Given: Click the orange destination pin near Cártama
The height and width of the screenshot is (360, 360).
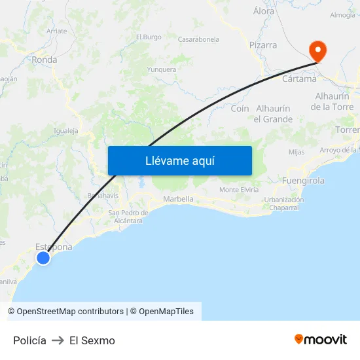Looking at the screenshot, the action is [318, 50].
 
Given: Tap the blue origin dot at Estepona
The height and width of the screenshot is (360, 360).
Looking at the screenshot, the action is [43, 258].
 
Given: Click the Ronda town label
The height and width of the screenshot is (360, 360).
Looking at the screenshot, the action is [45, 60].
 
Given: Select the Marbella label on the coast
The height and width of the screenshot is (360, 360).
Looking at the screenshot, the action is [178, 199].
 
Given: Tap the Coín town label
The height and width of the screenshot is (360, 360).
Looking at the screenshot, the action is [240, 109].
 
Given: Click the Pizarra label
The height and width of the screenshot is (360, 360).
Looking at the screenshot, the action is [263, 46].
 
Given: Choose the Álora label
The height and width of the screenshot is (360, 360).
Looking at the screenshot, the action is [264, 11].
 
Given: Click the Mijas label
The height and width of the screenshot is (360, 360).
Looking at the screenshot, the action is [297, 152].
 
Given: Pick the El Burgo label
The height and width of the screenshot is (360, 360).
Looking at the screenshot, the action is [149, 37].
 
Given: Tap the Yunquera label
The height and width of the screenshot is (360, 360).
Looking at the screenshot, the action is [162, 69].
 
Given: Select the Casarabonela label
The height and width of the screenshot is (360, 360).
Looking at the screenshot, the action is [198, 40].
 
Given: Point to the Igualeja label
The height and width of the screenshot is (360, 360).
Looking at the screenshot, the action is [66, 131].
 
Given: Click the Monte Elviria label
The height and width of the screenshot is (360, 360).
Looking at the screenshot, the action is [239, 190].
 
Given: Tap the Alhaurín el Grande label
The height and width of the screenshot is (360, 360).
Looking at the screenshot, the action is [274, 114].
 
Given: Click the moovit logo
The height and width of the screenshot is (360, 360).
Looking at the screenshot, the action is [321, 340].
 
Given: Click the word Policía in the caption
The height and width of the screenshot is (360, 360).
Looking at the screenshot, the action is [29, 340].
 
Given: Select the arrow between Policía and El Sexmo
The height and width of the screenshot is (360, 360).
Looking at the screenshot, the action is [58, 340].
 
